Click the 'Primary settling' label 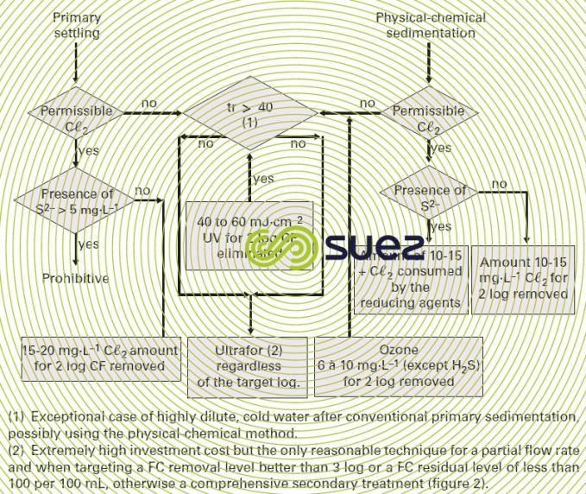(77, 25)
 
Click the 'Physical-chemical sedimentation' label (430, 25)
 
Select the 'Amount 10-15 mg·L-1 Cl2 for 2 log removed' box (524, 276)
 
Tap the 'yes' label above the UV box (262, 179)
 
